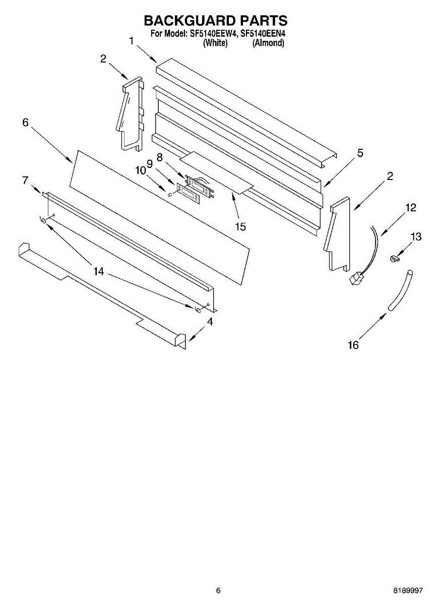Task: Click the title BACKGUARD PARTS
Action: (216, 21)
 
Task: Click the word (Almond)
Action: (268, 43)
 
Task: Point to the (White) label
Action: (215, 43)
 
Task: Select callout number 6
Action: (25, 123)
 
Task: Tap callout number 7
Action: (25, 180)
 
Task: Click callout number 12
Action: (411, 207)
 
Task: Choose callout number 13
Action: (416, 236)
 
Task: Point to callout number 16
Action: (353, 345)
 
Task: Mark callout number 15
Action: (240, 227)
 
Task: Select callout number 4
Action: (210, 321)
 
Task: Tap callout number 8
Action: (160, 157)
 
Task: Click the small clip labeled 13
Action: (394, 259)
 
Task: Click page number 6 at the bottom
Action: (218, 590)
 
